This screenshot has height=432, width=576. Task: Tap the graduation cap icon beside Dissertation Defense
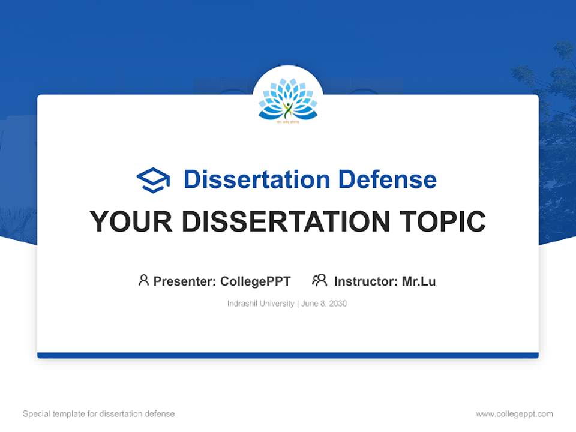[153, 180]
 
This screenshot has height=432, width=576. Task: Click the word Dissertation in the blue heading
[257, 179]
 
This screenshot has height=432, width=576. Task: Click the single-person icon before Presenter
[143, 280]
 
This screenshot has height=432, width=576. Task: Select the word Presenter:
[184, 281]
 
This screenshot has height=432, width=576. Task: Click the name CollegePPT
[256, 281]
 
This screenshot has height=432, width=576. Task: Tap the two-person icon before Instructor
[319, 280]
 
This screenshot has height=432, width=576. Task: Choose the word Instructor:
[365, 281]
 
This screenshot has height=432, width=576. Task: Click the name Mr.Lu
[419, 281]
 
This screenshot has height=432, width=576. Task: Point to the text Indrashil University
[260, 304]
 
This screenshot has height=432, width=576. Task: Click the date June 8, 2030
[324, 304]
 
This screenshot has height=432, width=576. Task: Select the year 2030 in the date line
[337, 304]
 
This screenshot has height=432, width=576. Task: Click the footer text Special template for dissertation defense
[99, 414]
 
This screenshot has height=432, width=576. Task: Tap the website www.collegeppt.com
[514, 414]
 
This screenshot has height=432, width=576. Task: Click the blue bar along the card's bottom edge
[288, 355]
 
